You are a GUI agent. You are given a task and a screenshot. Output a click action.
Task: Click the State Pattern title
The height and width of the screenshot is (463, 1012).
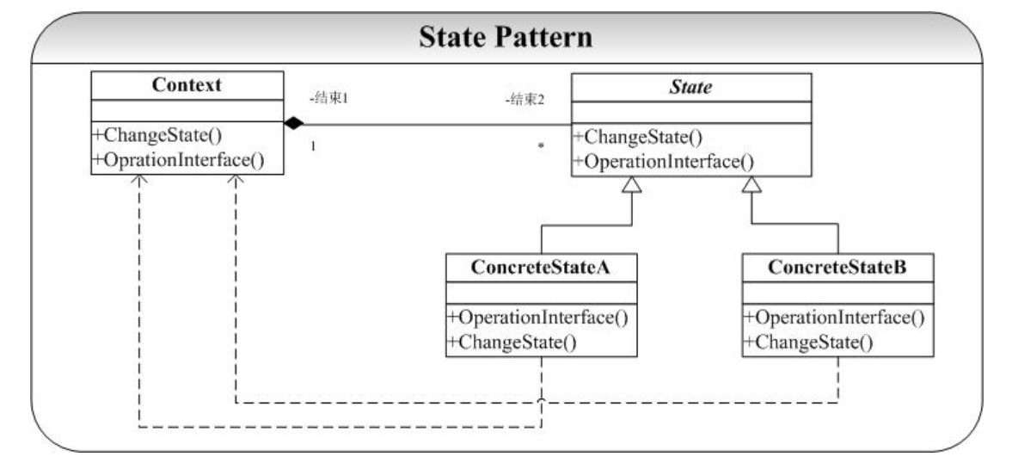tap(506, 38)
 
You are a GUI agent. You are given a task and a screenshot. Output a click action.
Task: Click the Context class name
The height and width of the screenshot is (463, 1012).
tap(187, 84)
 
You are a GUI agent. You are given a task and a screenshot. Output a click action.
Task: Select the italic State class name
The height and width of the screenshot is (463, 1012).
tap(690, 87)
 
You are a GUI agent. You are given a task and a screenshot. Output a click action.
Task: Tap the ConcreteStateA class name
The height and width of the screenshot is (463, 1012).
tap(541, 268)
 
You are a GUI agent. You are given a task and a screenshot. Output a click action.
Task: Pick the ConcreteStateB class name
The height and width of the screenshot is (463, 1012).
tap(837, 268)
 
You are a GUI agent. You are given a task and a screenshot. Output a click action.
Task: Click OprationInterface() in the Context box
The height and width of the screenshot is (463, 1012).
tap(179, 159)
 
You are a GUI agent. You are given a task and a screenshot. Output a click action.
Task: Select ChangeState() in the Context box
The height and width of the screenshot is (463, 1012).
tap(158, 136)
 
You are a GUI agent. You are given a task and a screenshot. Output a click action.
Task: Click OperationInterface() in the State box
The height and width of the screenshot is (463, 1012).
tap(663, 161)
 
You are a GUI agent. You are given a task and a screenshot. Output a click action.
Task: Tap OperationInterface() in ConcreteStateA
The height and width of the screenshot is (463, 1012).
tap(538, 318)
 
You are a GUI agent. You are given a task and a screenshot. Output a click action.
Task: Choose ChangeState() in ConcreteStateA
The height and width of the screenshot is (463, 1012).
tap(512, 343)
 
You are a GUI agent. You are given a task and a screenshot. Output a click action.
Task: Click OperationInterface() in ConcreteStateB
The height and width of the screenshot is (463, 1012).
tap(835, 318)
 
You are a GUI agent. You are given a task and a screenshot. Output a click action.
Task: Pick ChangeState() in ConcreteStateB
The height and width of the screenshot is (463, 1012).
tap(808, 343)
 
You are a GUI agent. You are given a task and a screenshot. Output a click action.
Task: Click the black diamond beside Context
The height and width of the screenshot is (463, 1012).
tap(294, 123)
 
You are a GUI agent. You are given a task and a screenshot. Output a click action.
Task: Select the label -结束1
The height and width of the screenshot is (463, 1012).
tap(329, 99)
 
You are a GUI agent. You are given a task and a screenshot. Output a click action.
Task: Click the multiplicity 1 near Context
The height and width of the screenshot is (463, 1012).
tap(313, 146)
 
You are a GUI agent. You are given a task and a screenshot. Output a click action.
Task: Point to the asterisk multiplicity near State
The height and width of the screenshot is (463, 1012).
tap(541, 146)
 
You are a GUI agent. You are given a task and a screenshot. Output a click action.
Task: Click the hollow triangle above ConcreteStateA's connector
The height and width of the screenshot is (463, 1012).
tap(632, 185)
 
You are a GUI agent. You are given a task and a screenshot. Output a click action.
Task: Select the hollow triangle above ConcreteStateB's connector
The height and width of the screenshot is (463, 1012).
tap(751, 185)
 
